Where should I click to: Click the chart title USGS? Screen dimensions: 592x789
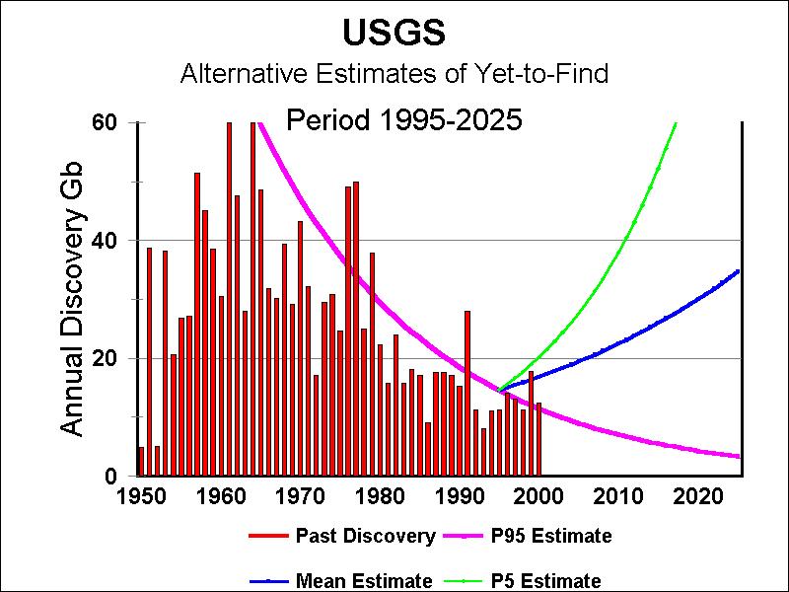(394, 33)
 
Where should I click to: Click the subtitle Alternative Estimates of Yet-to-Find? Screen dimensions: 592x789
(394, 73)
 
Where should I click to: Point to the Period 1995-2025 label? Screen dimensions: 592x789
(403, 120)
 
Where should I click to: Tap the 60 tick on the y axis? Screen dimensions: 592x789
(106, 122)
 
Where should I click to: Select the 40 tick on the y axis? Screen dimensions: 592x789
(106, 241)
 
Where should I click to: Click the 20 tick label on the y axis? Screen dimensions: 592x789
(106, 358)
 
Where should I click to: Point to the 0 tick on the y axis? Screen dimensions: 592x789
(112, 477)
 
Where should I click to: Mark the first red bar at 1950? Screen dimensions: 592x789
(141, 462)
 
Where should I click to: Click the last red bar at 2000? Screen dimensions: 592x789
(538, 439)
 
